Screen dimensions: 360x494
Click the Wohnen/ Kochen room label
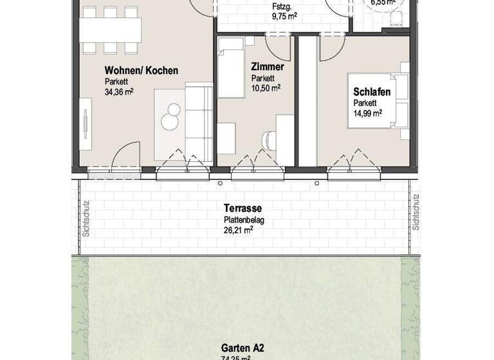142,71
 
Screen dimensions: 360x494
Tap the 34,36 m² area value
119,92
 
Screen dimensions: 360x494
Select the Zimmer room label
268,66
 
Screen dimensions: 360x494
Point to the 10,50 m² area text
266,88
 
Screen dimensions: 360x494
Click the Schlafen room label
372,93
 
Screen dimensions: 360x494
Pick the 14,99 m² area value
368,113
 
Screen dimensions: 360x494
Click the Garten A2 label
242,348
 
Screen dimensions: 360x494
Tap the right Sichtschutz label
416,213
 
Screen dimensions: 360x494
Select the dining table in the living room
111,30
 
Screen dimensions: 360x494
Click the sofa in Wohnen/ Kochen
199,121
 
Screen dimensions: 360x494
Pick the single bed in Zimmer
232,67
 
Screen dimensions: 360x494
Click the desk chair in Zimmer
268,139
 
